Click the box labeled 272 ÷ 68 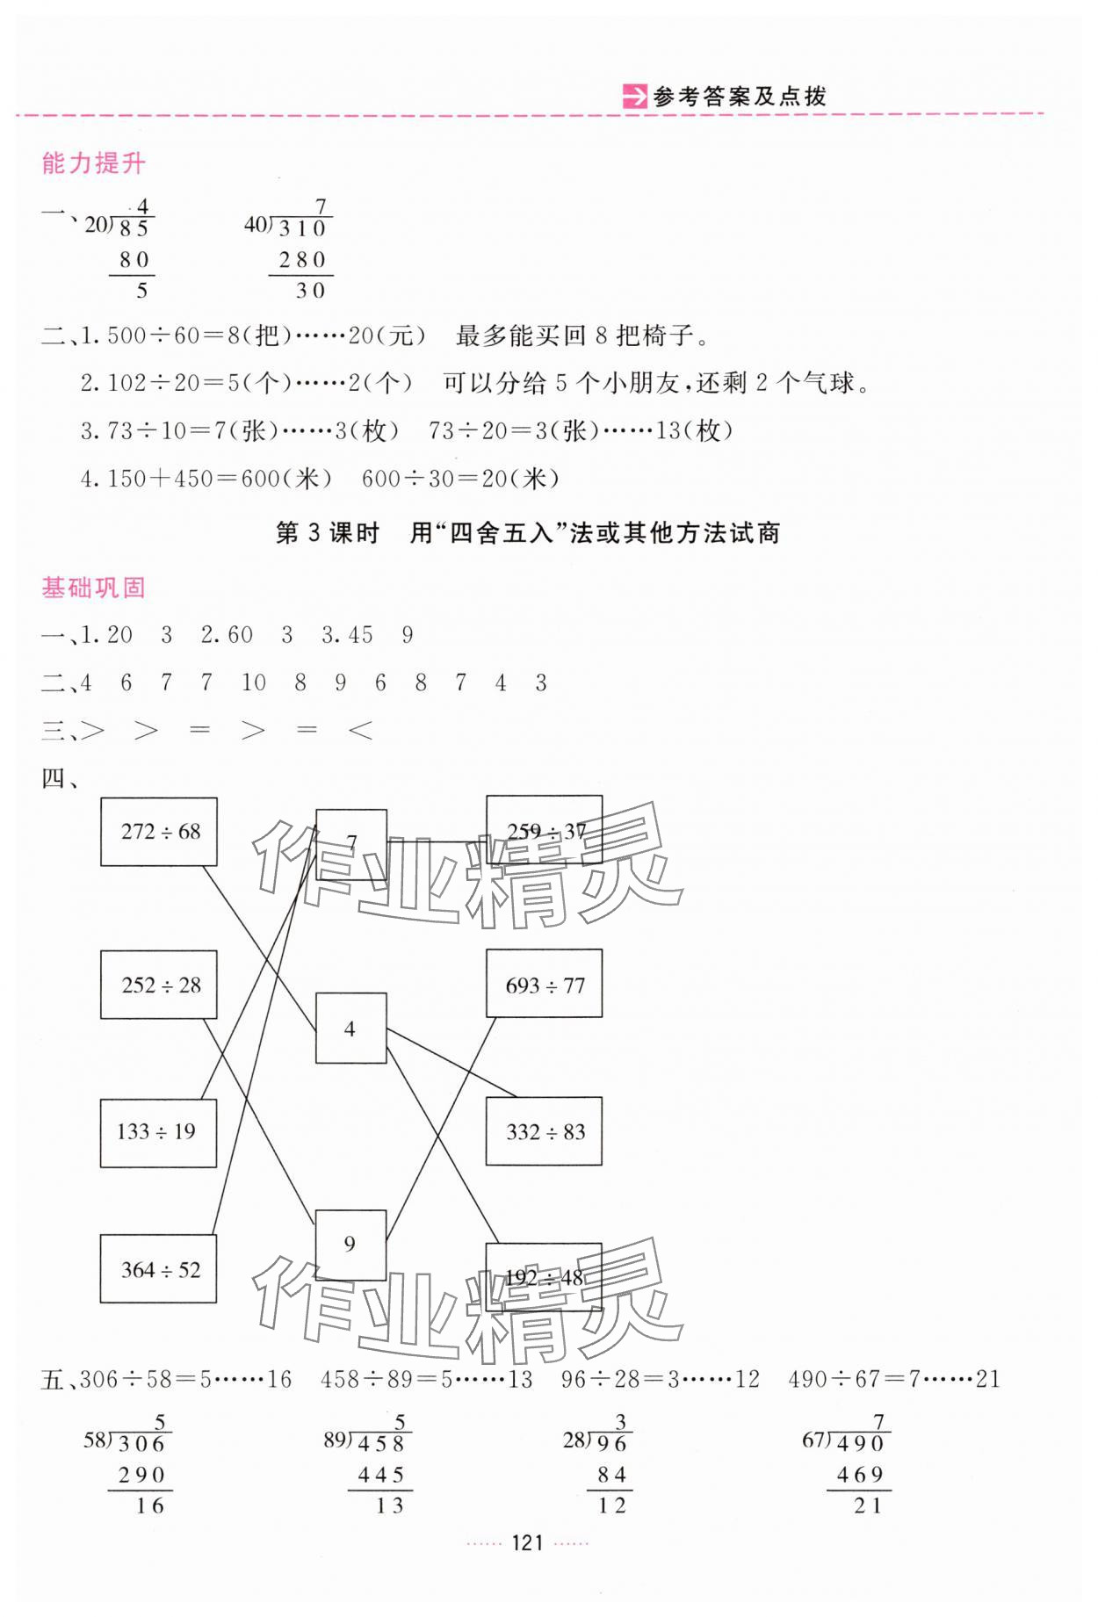click(x=159, y=832)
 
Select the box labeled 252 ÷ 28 click(x=159, y=985)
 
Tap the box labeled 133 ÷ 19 click(x=158, y=1133)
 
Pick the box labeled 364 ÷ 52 click(x=159, y=1269)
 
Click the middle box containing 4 click(x=350, y=1029)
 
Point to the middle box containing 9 click(x=350, y=1245)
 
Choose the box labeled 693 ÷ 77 click(x=544, y=984)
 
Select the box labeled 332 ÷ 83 click(x=544, y=1132)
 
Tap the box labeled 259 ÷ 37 click(x=544, y=830)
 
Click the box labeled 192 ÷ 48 click(x=544, y=1276)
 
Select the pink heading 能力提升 click(x=93, y=163)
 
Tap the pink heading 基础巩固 click(x=93, y=588)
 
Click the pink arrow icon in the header click(x=633, y=96)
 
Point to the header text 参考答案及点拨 click(x=740, y=97)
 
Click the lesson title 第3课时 click(x=327, y=533)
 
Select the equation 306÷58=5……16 click(x=185, y=1380)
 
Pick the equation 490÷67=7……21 click(x=894, y=1380)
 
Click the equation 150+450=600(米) click(x=206, y=479)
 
